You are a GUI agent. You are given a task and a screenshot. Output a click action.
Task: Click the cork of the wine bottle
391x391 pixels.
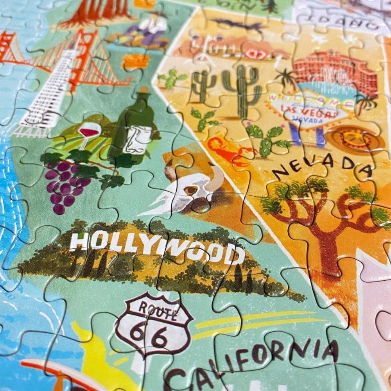click(x=143, y=92)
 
